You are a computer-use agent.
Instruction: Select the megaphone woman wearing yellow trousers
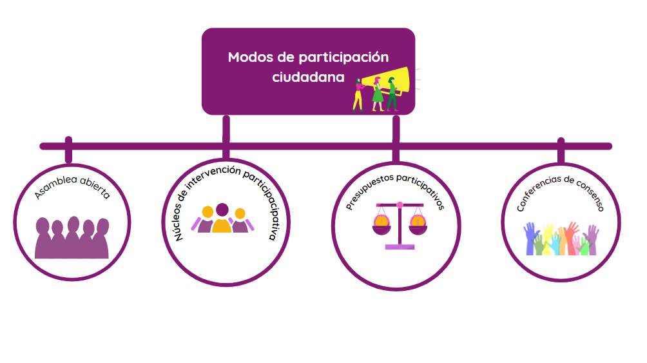pos(358,93)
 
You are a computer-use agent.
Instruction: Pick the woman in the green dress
pos(378,92)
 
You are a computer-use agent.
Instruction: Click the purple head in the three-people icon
pos(222,210)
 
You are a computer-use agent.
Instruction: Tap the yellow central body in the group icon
pos(222,225)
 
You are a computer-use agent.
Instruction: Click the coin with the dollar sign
pos(418,222)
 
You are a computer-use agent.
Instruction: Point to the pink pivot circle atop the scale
pos(400,205)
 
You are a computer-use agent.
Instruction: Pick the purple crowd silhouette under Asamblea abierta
pos(72,239)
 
